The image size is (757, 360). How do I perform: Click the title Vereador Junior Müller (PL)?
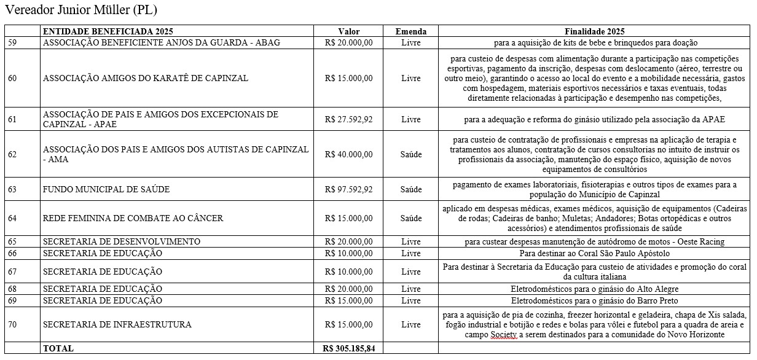coord(81,10)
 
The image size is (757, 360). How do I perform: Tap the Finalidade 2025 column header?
coord(594,32)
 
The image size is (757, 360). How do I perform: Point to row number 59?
coord(12,43)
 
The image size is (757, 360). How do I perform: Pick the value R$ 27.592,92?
coord(348,120)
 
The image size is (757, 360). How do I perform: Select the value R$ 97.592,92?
coord(348,189)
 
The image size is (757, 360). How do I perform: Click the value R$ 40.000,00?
coord(348,154)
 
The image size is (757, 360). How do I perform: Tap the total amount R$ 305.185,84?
coord(348,348)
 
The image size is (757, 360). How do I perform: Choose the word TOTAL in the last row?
coord(58,348)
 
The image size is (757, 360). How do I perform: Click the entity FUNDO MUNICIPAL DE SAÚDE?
coord(106,189)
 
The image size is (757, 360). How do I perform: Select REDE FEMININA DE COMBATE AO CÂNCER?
coord(133,218)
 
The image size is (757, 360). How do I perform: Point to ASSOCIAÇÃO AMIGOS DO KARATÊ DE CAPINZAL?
coord(146,78)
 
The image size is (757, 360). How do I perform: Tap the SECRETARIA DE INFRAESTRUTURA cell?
coord(117,324)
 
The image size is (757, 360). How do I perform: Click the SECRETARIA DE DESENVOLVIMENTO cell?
coord(121,241)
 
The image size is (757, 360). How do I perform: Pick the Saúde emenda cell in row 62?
coord(410,154)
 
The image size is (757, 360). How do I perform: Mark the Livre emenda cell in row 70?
coord(410,324)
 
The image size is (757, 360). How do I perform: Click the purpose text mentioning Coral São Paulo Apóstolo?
coord(594,253)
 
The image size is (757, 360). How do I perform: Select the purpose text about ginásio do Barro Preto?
coord(594,300)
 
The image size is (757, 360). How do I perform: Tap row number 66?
coord(12,253)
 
